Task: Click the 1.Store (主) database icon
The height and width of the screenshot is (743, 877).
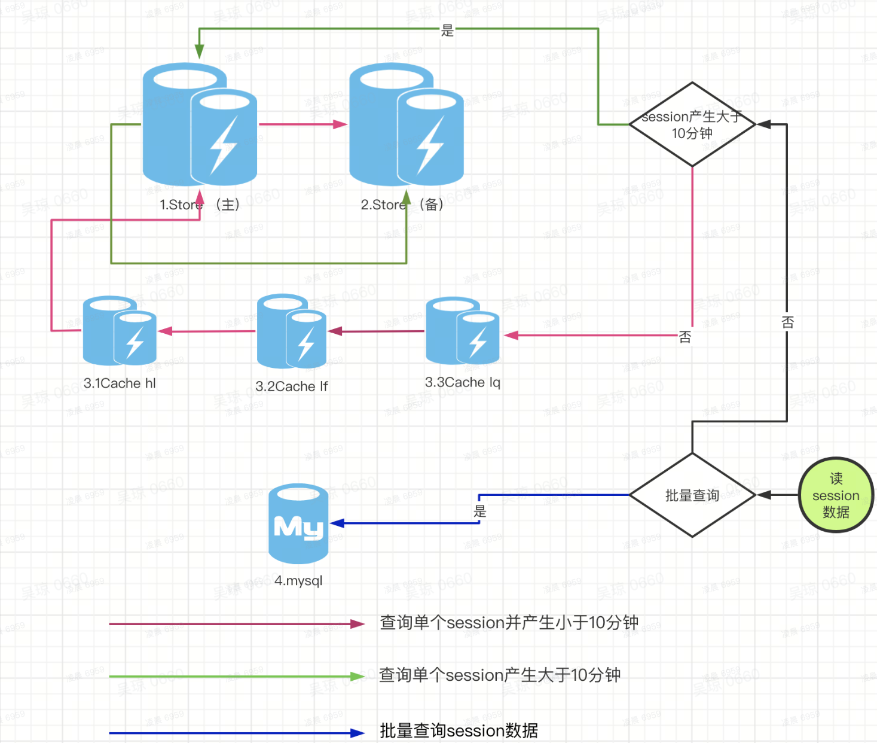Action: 200,124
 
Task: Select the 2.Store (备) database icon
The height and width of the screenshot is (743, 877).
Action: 406,124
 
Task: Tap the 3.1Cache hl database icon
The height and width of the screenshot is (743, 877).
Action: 120,331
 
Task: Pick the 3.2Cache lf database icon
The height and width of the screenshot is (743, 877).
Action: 292,331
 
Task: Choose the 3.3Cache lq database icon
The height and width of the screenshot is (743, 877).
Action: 463,331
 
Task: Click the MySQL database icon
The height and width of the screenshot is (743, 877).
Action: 298,523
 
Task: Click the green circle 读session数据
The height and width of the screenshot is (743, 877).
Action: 836,495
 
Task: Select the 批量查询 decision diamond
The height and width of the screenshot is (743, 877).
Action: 692,495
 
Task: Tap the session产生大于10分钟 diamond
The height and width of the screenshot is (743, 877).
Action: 692,124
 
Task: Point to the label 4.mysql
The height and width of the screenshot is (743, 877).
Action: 298,580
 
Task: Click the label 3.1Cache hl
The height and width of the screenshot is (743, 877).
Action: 120,383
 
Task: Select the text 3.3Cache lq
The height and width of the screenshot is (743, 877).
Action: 463,382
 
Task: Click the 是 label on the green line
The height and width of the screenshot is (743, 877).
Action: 448,30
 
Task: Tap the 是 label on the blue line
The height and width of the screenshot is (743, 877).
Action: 480,511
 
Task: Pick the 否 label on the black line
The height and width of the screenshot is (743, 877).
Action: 788,322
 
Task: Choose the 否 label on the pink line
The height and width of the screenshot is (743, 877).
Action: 685,337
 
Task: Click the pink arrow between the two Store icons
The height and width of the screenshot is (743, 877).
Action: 303,124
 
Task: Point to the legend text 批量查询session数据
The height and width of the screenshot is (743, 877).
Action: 459,730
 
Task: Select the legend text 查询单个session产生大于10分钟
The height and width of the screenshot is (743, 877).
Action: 499,675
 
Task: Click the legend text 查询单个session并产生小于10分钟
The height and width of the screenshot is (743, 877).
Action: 509,623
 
